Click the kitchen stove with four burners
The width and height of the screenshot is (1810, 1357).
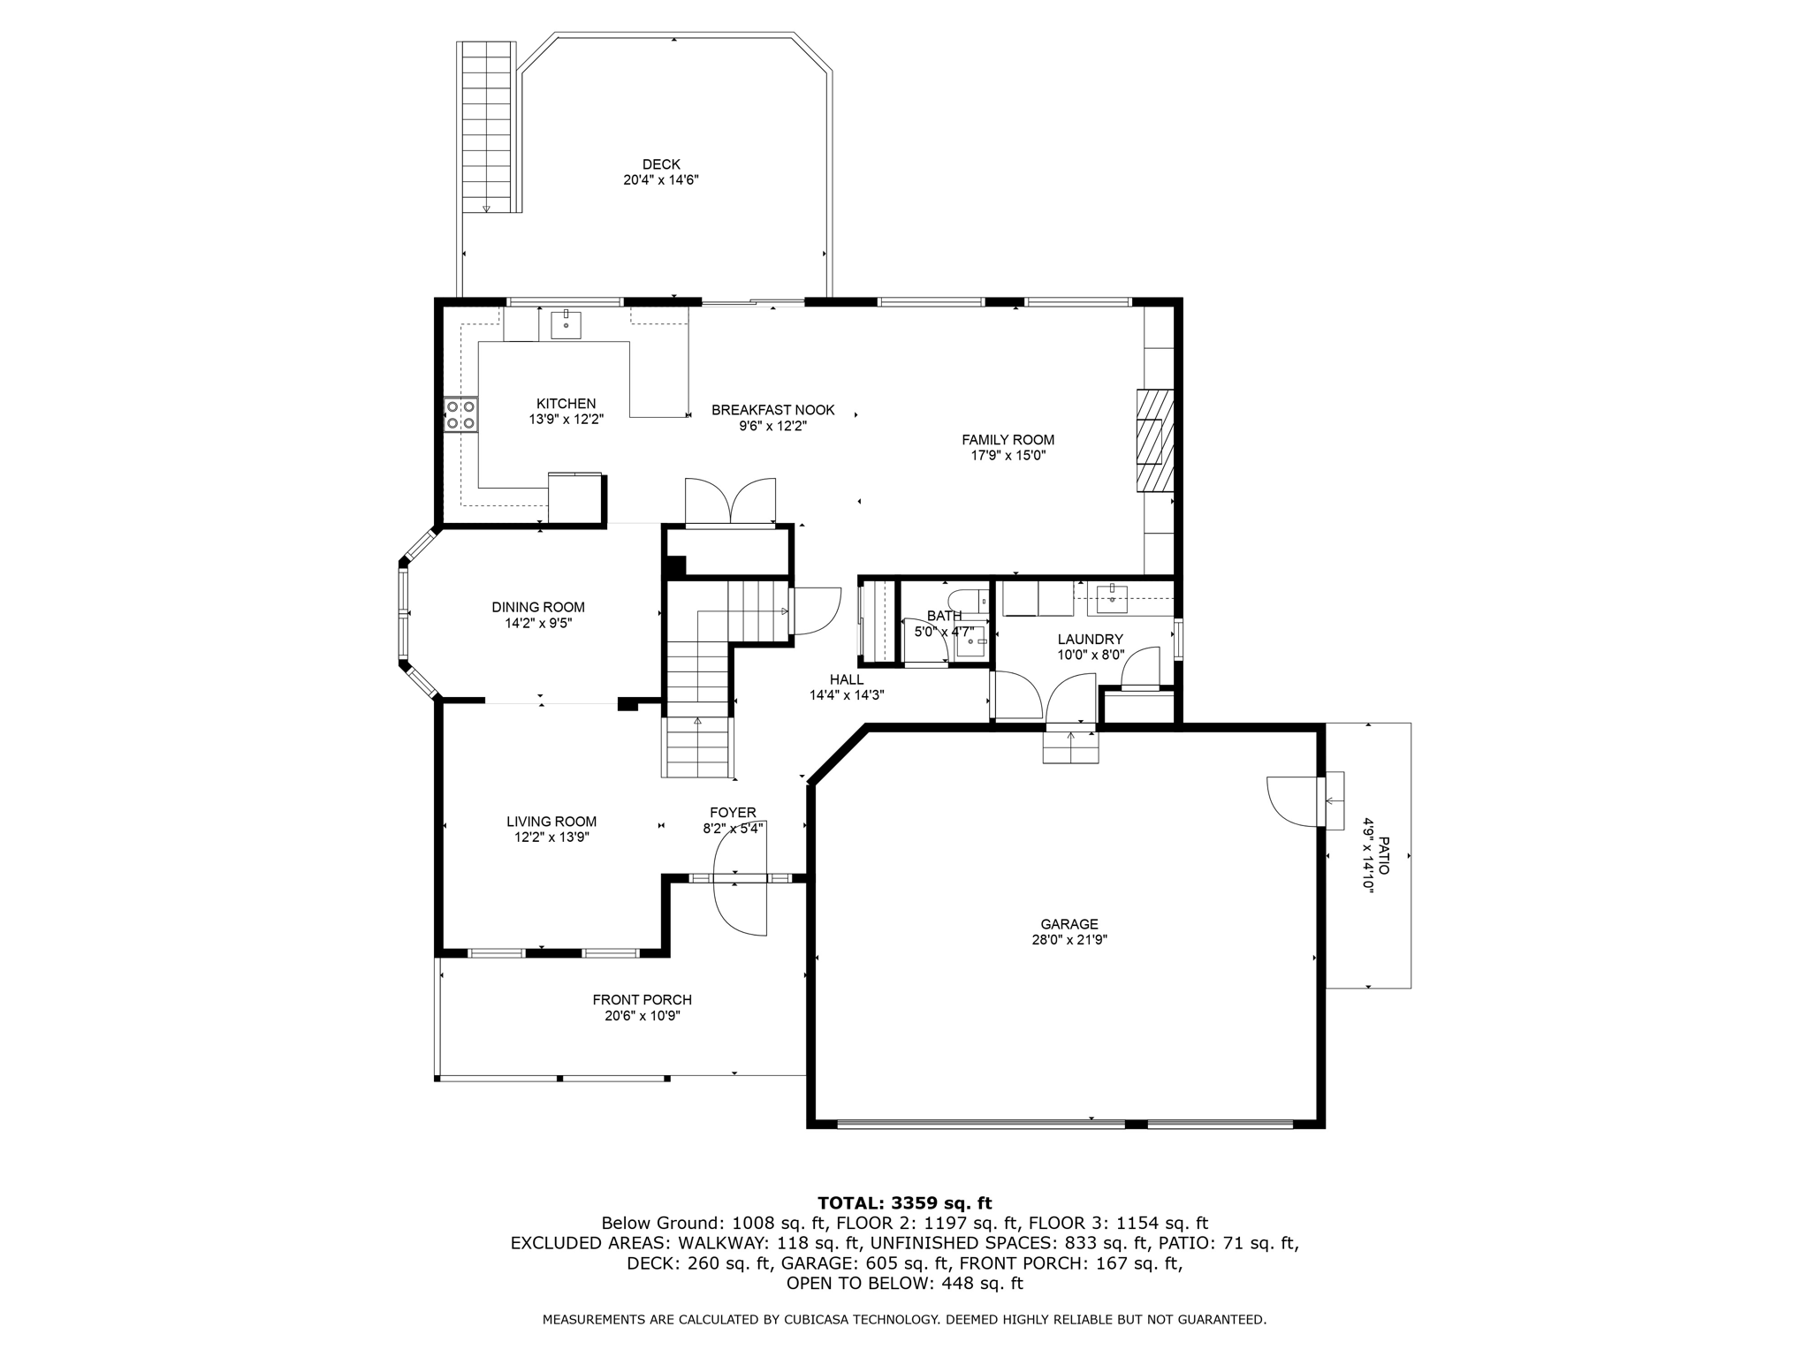coord(460,414)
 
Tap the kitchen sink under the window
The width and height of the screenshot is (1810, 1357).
coord(566,325)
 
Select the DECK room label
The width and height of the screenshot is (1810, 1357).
coord(661,164)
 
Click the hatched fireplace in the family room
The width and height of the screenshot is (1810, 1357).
coord(1154,440)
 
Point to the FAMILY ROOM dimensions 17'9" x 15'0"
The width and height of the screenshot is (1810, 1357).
coord(1008,456)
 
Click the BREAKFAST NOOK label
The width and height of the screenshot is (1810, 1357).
coord(772,410)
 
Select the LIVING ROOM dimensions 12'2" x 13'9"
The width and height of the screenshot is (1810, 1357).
coord(551,838)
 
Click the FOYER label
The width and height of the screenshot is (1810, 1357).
coord(733,813)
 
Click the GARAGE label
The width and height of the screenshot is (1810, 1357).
coord(1069,924)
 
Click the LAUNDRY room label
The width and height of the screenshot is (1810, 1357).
coord(1090,639)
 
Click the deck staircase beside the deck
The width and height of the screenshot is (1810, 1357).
coord(487,126)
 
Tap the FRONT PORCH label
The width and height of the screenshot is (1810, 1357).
coord(642,999)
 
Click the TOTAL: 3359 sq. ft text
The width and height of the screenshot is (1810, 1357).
coord(904,1202)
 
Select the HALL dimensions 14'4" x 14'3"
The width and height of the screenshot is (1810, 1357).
coord(846,695)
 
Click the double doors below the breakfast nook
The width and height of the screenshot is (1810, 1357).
coord(730,503)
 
